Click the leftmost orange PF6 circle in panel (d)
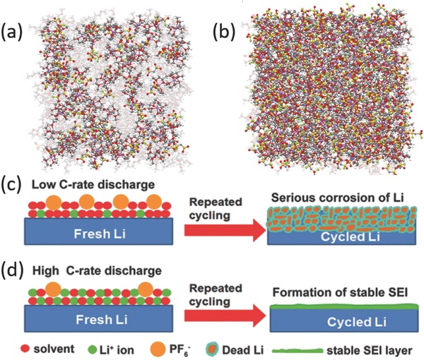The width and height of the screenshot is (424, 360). [52, 289]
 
